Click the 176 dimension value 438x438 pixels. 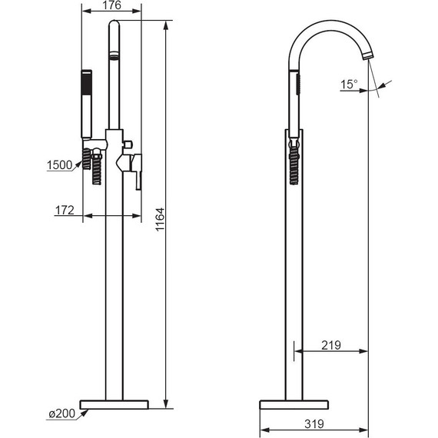click(x=111, y=5)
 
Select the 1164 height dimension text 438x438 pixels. click(x=160, y=219)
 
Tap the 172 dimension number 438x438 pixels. click(x=65, y=210)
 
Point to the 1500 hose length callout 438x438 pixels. click(x=59, y=165)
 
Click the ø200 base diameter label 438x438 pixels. click(x=62, y=413)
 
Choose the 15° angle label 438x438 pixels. click(x=349, y=84)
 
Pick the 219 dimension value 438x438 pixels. click(x=331, y=345)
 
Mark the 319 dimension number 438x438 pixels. click(x=314, y=423)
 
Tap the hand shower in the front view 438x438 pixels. click(x=86, y=104)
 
